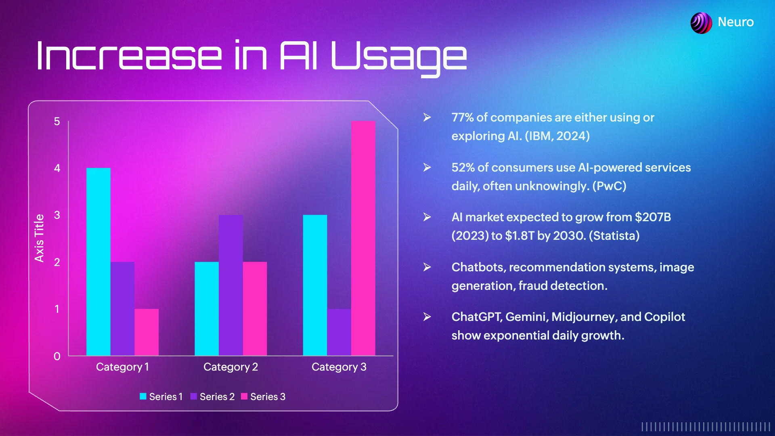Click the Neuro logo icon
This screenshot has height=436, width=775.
701,23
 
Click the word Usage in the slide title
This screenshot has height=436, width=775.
399,57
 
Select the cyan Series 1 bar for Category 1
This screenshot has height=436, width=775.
98,262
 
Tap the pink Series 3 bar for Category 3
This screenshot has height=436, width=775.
363,238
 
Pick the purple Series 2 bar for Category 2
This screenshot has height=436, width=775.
230,285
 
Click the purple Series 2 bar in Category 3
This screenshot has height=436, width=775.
339,332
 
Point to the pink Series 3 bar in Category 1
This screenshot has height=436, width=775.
147,332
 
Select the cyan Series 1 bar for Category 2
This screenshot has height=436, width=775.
207,308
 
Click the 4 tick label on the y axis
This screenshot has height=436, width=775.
57,168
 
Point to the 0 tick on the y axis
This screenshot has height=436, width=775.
57,356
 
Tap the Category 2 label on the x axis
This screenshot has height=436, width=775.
230,367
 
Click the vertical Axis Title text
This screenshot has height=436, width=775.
39,238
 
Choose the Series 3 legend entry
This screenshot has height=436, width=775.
263,396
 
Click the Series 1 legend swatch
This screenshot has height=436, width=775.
143,396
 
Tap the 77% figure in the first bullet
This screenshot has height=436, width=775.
463,117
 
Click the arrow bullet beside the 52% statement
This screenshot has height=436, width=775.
427,167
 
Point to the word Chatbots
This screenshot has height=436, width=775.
478,267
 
